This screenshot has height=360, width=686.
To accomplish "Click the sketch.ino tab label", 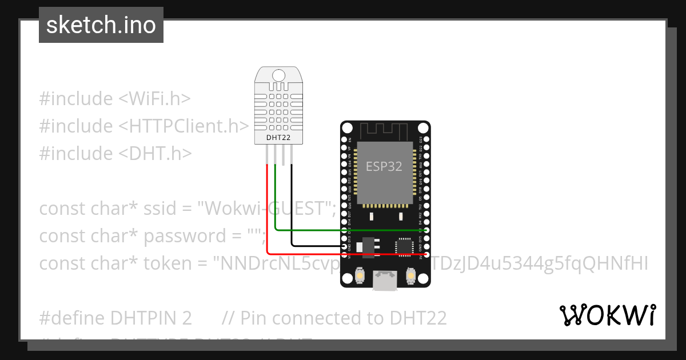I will (x=101, y=25).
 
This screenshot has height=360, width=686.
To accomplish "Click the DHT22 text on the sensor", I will (x=278, y=137).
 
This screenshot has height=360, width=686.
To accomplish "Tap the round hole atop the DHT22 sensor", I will (x=278, y=75).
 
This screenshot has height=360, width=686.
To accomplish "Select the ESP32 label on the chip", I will (x=384, y=166).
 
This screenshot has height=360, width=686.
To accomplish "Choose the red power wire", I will (x=267, y=217).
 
